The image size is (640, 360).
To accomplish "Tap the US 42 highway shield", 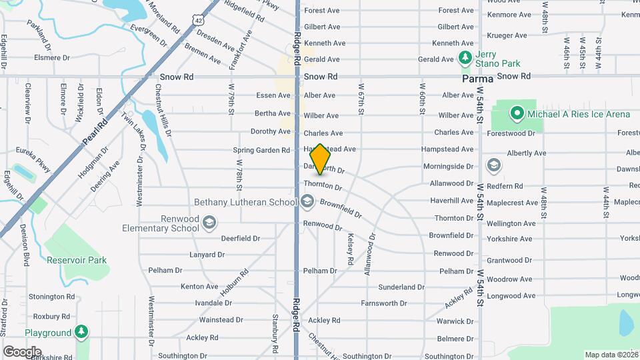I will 198,21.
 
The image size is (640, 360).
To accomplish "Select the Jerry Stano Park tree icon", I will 465,59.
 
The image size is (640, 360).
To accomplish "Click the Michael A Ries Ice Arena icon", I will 517,114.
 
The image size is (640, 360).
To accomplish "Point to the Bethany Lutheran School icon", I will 307,201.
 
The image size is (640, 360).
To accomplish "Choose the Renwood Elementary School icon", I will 209,222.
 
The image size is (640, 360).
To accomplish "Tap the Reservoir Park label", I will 77,259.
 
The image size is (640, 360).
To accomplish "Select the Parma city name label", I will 478,79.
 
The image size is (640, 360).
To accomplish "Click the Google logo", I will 22,351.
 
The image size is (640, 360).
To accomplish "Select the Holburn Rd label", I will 234,281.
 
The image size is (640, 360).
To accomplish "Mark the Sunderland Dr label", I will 401,287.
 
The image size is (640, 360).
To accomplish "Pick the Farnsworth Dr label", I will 383,303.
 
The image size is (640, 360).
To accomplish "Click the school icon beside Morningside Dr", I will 494,165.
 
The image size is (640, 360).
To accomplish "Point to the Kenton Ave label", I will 199,287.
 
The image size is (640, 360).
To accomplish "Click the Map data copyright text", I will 611,355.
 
